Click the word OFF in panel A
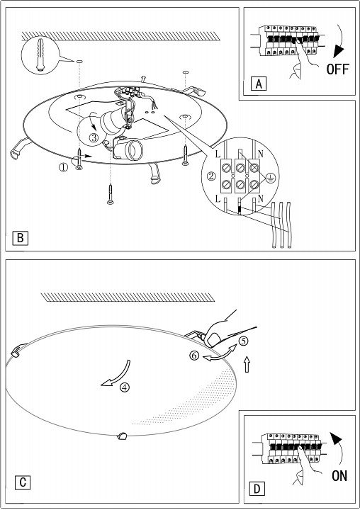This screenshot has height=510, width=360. click(337, 69)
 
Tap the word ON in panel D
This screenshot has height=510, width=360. click(339, 476)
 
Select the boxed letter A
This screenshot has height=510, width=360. click(259, 84)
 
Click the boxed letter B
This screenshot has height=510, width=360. click(20, 238)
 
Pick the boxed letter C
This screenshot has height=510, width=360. click(23, 482)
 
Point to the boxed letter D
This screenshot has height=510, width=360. click(257, 489)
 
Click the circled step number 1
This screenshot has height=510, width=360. click(63, 167)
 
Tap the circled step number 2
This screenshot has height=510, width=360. click(211, 176)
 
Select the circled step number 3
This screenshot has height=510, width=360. click(94, 137)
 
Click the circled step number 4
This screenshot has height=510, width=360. click(125, 387)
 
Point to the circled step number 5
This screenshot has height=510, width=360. click(243, 341)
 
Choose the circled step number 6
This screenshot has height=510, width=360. click(194, 356)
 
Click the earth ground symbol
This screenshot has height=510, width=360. click(271, 178)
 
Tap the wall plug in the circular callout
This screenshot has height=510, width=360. click(40, 55)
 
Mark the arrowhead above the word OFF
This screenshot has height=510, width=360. click(339, 51)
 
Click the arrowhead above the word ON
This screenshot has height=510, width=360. click(336, 438)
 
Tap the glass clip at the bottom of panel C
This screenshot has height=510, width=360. click(123, 436)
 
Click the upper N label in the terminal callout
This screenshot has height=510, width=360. click(260, 154)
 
